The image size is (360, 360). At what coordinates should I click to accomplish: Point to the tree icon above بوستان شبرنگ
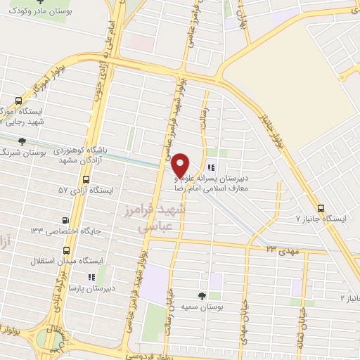[x=23, y=141]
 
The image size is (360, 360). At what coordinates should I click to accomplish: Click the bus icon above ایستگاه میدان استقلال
[x=67, y=250]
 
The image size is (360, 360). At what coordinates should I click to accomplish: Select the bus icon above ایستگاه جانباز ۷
[x=321, y=208]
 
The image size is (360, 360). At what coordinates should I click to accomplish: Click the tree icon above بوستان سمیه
[x=202, y=296]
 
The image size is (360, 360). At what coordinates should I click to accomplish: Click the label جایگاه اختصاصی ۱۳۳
[x=65, y=231]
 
